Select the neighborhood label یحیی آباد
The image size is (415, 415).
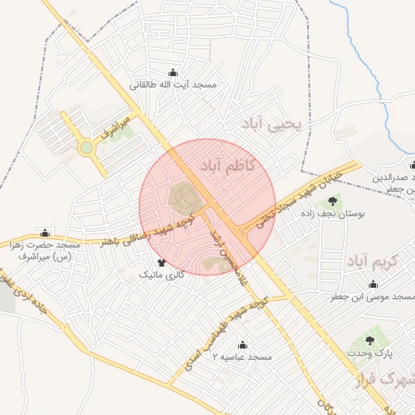point(271,123)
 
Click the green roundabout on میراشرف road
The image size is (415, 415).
point(86,148)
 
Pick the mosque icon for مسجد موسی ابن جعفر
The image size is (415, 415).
point(373,285)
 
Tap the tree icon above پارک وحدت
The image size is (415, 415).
point(370,341)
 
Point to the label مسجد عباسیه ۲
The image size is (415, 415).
point(241,357)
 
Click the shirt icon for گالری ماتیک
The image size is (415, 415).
point(161,263)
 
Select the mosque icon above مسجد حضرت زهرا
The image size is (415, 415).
point(45,233)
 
